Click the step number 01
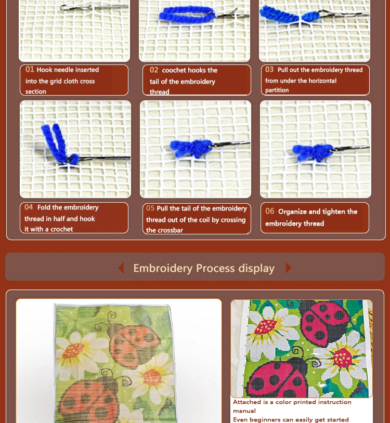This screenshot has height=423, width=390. [30, 69]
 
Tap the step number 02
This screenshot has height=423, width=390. [154, 70]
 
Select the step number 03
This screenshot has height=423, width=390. [269, 69]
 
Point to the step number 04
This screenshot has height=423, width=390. [29, 207]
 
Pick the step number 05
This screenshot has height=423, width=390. [150, 208]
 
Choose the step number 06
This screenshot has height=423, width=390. [270, 211]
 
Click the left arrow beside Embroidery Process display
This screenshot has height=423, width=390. [121, 268]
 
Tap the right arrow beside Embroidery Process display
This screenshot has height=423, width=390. [289, 268]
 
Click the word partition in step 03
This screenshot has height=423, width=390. [277, 90]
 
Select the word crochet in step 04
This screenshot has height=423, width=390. [61, 229]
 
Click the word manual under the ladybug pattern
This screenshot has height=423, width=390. [244, 411]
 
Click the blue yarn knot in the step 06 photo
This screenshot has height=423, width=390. [314, 152]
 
